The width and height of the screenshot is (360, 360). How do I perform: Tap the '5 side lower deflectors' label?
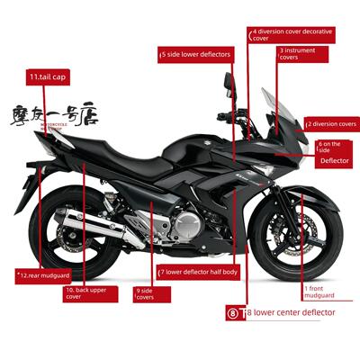click(195, 55)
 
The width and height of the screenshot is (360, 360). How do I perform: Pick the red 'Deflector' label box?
click(335, 161)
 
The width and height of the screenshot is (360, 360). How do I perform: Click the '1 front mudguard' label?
click(319, 292)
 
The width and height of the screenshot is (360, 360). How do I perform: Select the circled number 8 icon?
click(233, 313)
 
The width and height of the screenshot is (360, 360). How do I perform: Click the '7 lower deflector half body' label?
click(198, 271)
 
